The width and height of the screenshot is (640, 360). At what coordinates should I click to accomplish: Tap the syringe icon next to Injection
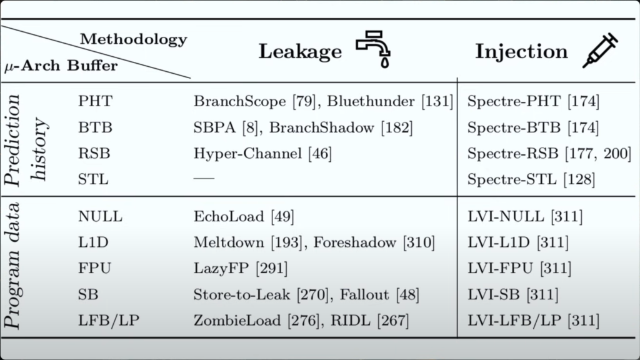click(600, 50)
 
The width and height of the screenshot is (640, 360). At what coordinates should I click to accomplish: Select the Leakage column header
click(300, 51)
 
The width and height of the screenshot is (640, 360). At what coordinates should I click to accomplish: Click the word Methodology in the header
click(134, 39)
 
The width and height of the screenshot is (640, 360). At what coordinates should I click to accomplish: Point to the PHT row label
click(95, 101)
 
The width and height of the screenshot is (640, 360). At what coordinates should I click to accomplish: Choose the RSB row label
click(94, 153)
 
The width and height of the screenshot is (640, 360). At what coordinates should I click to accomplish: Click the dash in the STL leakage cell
click(204, 178)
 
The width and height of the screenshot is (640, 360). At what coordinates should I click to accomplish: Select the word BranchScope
click(239, 101)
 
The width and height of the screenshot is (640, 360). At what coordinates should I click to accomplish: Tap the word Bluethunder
click(371, 101)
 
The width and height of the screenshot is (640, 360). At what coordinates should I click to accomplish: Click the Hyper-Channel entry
click(262, 154)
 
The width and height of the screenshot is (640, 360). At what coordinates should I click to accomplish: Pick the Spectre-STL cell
click(531, 179)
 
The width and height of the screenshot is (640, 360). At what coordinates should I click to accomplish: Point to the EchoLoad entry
click(244, 216)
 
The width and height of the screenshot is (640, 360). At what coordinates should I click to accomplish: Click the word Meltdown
click(229, 242)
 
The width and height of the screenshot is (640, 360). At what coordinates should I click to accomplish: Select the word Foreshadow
click(355, 242)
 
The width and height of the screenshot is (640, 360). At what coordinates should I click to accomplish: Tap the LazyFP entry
click(241, 268)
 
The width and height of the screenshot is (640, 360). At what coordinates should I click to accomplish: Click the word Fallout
click(364, 294)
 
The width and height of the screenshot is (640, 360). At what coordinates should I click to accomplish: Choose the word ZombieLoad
click(237, 321)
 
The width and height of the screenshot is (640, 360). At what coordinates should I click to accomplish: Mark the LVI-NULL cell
click(525, 216)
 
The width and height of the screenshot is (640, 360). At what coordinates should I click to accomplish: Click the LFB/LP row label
click(109, 321)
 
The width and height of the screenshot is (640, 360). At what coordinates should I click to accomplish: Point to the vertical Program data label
click(12, 266)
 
